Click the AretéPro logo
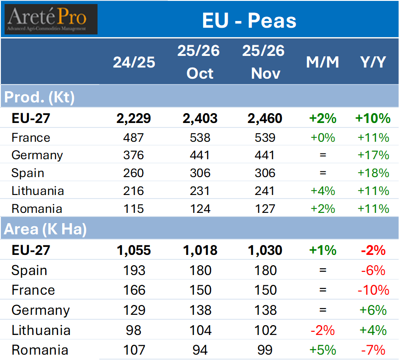(51, 19)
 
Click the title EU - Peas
(249, 21)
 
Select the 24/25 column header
(134, 62)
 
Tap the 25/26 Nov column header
(265, 62)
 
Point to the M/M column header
(323, 62)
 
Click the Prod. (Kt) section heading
(39, 97)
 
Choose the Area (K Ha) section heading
(45, 229)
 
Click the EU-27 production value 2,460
(265, 119)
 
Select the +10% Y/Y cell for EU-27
(373, 119)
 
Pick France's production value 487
(134, 137)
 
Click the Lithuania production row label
(38, 191)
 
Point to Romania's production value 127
(265, 209)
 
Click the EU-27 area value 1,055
(134, 250)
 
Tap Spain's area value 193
(134, 270)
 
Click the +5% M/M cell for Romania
(323, 350)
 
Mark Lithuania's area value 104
(200, 330)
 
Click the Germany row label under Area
(40, 310)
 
